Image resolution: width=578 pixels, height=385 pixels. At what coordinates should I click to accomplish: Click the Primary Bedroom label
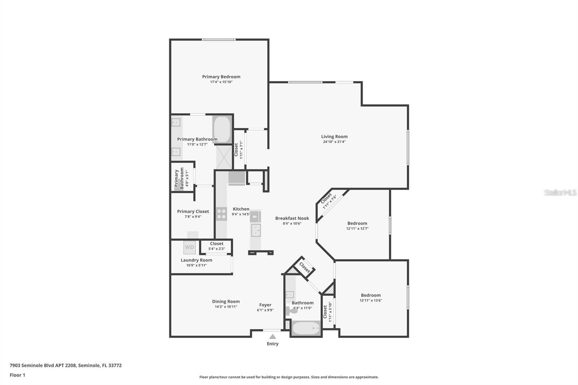[x=221, y=77]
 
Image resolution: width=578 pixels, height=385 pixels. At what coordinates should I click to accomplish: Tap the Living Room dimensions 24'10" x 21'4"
[x=334, y=142]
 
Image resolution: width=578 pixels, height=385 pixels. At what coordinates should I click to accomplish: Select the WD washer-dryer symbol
[x=189, y=247]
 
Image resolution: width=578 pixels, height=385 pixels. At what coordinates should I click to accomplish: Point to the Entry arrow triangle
[x=273, y=337]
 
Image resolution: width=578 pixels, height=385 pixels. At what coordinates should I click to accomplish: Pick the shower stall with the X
[x=224, y=157]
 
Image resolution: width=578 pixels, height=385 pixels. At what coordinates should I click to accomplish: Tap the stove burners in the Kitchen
[x=221, y=214]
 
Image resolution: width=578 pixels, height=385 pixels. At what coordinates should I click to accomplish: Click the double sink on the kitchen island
[x=256, y=230]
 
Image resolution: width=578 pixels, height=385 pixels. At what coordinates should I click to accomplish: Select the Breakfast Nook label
[x=292, y=218]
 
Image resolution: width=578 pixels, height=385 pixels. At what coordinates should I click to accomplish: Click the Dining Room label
[x=226, y=301]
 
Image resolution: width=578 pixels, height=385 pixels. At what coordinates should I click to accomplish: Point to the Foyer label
[x=265, y=305]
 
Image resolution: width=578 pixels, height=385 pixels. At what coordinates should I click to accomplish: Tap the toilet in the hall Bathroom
[x=291, y=310]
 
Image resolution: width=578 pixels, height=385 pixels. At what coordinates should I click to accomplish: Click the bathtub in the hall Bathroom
[x=306, y=329]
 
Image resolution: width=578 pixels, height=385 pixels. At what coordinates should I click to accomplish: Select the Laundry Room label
[x=197, y=260]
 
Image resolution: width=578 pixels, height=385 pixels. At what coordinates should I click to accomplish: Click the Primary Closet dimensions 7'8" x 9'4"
[x=193, y=217]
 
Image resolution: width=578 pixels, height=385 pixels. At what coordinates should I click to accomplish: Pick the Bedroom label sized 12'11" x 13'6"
[x=371, y=295]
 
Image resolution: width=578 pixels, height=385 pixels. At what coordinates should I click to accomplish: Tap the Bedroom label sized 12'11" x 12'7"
[x=357, y=223]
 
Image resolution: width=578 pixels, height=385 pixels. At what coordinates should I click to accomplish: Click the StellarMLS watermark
[x=560, y=192]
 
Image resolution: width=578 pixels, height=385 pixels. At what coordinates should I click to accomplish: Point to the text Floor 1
[x=17, y=375]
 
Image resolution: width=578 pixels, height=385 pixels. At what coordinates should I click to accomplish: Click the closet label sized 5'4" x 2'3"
[x=216, y=243]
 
